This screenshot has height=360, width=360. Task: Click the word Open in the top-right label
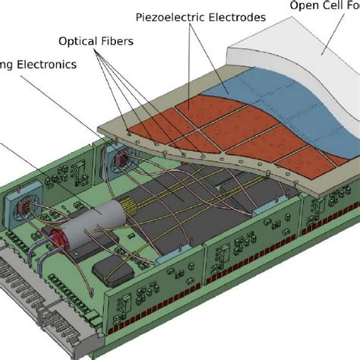[x=305, y=7]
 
